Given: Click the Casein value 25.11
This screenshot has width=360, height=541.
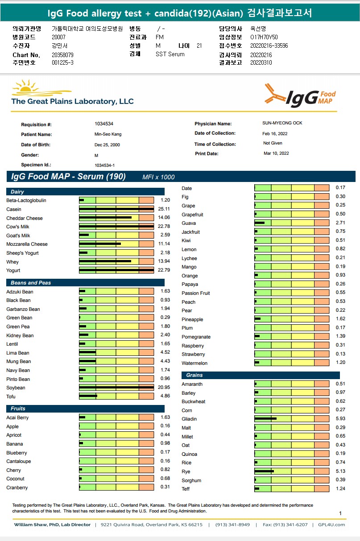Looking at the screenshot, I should click(165, 209).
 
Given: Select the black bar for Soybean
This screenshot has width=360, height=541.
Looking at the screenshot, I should click(116, 388).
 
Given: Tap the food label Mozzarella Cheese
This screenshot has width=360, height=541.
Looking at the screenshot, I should click(27, 244).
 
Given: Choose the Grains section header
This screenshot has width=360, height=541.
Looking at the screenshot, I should click(194, 375).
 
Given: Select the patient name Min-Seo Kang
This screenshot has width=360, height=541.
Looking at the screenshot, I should click(108, 134).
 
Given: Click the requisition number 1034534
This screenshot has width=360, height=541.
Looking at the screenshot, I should click(103, 124).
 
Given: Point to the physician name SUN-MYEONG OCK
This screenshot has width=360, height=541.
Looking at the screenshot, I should click(282, 123).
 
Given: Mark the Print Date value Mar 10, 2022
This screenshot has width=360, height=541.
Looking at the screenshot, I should click(276, 153).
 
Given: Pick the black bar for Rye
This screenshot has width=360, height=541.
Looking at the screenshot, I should click(264, 471).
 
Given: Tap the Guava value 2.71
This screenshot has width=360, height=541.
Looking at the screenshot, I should click(340, 223).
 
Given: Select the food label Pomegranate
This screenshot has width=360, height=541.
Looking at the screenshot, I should click(196, 337).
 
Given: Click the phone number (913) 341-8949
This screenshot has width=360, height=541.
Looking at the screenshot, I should click(232, 524).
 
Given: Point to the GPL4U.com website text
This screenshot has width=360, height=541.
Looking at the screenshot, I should click(331, 524).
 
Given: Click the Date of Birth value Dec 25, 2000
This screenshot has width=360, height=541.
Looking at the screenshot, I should click(107, 145).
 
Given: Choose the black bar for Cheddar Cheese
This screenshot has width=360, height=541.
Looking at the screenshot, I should click(105, 218).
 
